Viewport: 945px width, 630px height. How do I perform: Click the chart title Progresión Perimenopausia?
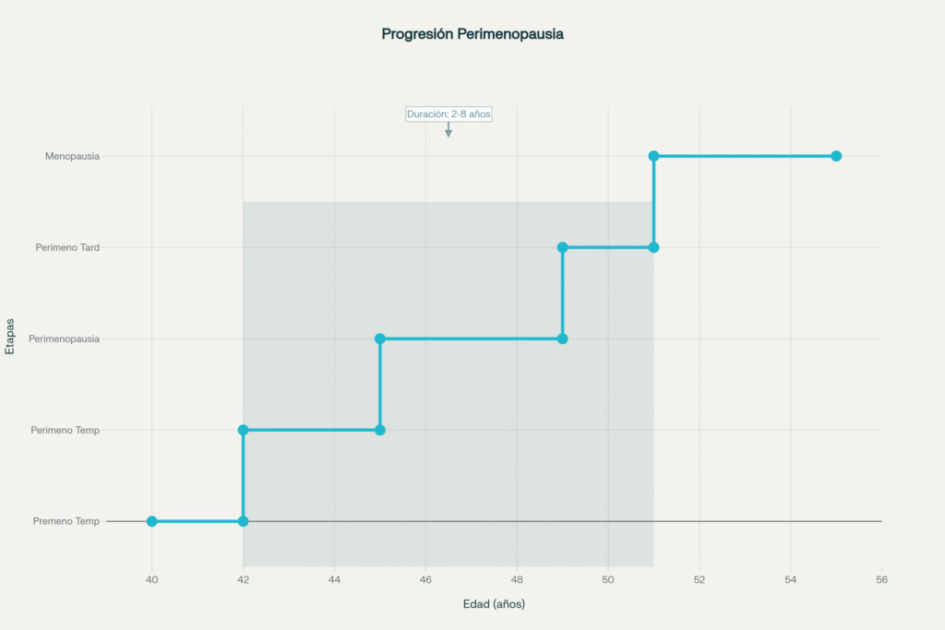point(472,34)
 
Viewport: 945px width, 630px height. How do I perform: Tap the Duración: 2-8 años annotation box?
point(449,113)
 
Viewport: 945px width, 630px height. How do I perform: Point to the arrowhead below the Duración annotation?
point(449,134)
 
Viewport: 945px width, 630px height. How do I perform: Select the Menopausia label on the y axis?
point(72,156)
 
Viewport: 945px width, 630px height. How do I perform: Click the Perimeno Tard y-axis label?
point(67,247)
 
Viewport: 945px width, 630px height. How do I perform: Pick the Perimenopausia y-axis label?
point(64,339)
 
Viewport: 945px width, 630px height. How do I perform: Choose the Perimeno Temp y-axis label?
point(65,430)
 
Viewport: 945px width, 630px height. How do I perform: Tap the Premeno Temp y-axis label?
point(66,521)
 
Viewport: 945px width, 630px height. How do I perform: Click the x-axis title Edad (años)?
point(494,604)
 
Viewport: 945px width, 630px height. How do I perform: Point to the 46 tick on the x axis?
point(425,579)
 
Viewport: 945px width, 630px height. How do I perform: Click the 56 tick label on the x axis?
point(881,579)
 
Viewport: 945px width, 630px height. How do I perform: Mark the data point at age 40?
point(152,521)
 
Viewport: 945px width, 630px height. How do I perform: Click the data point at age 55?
point(836,156)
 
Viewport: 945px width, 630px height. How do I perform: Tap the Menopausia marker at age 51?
point(653,156)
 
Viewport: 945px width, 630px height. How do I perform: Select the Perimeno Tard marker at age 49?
point(562,247)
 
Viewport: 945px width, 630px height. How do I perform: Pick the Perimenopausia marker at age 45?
point(380,339)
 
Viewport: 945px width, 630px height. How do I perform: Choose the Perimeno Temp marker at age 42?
point(243,430)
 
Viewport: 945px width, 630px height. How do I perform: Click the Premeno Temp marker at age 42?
point(243,521)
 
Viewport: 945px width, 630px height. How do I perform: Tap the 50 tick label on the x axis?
point(608,579)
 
